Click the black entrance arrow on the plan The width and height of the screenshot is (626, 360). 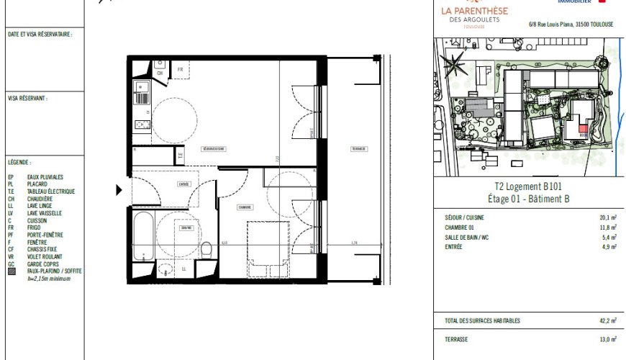pyautogui.click(x=119, y=191)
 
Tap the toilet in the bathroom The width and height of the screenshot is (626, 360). pyautogui.click(x=207, y=250)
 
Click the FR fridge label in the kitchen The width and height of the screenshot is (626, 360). pyautogui.click(x=180, y=69)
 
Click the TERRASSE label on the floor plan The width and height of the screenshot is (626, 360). pyautogui.click(x=358, y=149)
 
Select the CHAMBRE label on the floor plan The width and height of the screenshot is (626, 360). pyautogui.click(x=245, y=207)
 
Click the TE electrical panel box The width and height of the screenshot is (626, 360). pyautogui.click(x=181, y=153)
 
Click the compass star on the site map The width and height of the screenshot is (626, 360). pyautogui.click(x=455, y=67)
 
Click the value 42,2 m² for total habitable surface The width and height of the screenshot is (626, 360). pyautogui.click(x=608, y=320)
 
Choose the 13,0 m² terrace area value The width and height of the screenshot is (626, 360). pyautogui.click(x=608, y=339)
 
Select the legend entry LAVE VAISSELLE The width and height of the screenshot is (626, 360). pyautogui.click(x=45, y=213)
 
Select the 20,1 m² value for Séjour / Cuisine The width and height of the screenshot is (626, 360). pyautogui.click(x=608, y=217)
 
